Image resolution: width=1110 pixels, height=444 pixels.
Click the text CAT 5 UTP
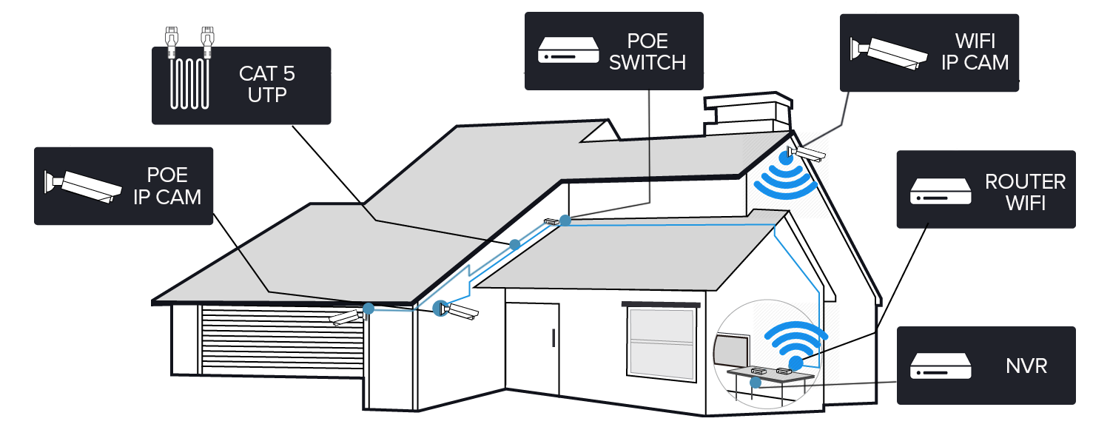[268, 84]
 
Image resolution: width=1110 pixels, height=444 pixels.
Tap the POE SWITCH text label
[647, 53]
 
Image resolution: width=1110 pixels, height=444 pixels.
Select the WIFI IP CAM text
[975, 52]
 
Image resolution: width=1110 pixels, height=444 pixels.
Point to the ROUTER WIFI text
[1025, 192]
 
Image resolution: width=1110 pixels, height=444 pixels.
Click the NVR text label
[1026, 365]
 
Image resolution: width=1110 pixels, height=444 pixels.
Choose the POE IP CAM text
[167, 186]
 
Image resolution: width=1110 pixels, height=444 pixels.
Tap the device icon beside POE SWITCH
[568, 52]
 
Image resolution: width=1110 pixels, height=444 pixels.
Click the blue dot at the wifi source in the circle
[795, 363]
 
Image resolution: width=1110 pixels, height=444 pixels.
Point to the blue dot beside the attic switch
[565, 220]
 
